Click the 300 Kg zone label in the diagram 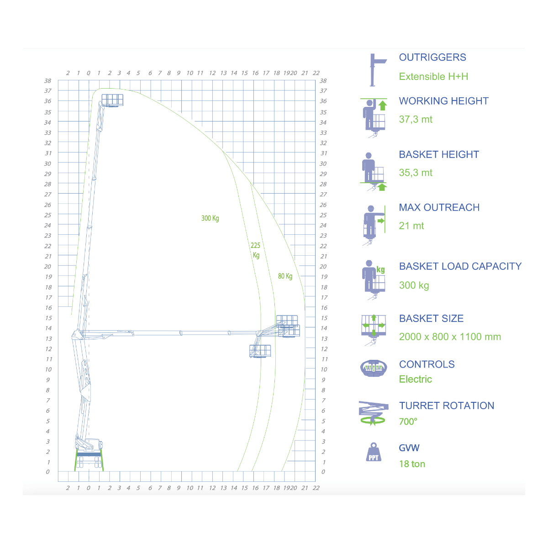point(210,218)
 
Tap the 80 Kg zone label point(285,276)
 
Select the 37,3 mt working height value point(416,120)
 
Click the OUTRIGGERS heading point(432,58)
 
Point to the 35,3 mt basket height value point(416,173)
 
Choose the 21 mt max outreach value point(411,226)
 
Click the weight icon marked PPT point(374,452)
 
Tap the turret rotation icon point(374,413)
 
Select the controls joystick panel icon point(374,368)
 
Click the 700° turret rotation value point(408,422)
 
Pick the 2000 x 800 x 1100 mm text point(450,337)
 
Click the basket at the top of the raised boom point(112,100)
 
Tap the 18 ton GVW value point(412,464)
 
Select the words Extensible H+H point(433,77)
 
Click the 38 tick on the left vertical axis point(47,81)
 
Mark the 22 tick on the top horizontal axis point(316,73)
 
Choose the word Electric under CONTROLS point(415,379)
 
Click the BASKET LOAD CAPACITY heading point(460,266)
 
